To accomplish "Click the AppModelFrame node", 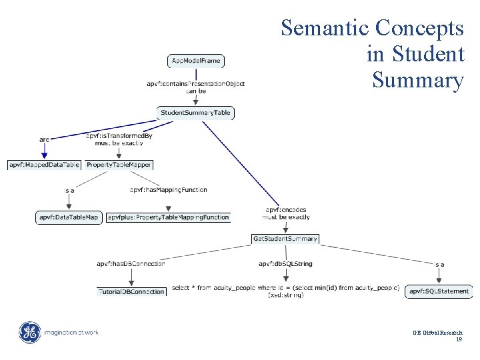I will tap(195, 61).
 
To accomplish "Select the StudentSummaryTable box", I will tap(195, 113).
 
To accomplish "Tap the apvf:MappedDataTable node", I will tap(44, 164).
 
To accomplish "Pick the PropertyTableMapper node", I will tap(119, 164).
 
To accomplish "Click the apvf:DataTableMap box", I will tap(69, 217).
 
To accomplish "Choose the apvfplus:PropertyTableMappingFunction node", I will tap(168, 217).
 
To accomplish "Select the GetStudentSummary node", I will tap(285, 238).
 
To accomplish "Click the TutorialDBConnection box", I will tap(131, 291).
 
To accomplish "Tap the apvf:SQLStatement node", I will tap(439, 291).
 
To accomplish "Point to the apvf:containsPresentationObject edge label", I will tap(195, 83).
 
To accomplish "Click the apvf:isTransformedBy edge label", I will tap(119, 135).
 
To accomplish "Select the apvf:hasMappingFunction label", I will tap(168, 190).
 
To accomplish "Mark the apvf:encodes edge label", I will tap(285, 210).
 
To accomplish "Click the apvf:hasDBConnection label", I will tap(131, 264).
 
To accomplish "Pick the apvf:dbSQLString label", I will tap(285, 264).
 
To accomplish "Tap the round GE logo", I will tap(29, 331).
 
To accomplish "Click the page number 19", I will tap(459, 339).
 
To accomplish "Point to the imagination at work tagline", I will tap(73, 332).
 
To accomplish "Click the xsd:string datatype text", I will tap(285, 295).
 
